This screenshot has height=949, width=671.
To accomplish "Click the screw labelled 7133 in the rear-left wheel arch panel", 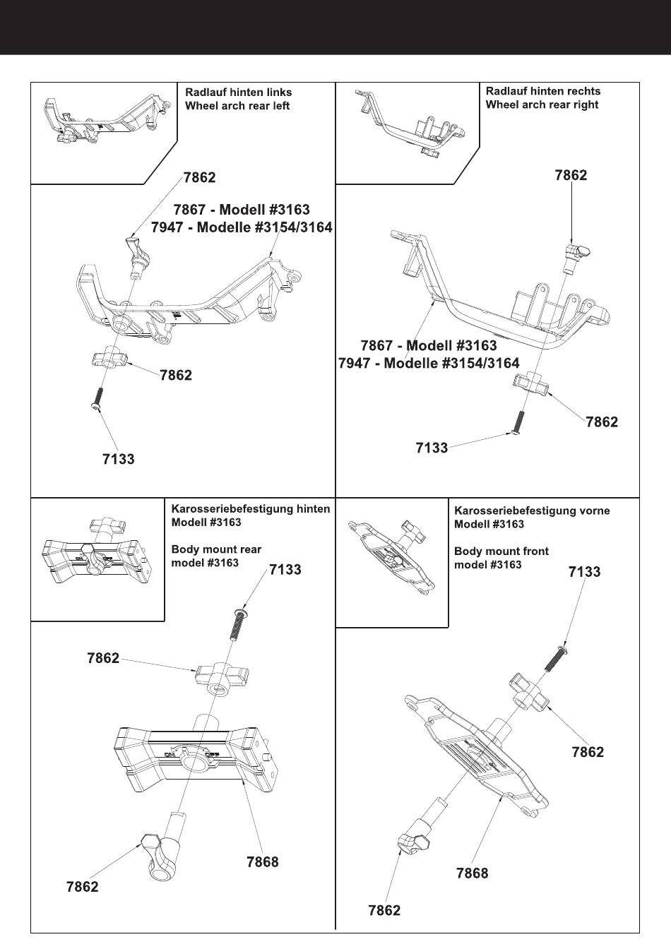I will [98, 398].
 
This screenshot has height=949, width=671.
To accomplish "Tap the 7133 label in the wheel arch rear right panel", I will [432, 448].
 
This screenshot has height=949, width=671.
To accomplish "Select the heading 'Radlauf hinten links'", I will [238, 92].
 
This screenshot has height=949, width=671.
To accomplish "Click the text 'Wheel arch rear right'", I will [542, 105].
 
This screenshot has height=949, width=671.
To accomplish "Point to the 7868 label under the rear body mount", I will [263, 862].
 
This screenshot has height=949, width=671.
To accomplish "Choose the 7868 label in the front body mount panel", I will [472, 873].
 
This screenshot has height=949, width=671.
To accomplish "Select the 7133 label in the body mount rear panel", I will [285, 570].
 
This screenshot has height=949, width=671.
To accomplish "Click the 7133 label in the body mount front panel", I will [585, 572].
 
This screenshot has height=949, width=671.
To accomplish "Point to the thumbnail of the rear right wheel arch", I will [410, 124].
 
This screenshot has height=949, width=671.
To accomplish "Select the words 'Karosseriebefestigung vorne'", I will [532, 511].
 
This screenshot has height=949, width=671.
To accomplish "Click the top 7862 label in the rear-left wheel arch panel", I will [199, 178].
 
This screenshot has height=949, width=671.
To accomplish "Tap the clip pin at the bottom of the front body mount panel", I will [418, 833].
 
